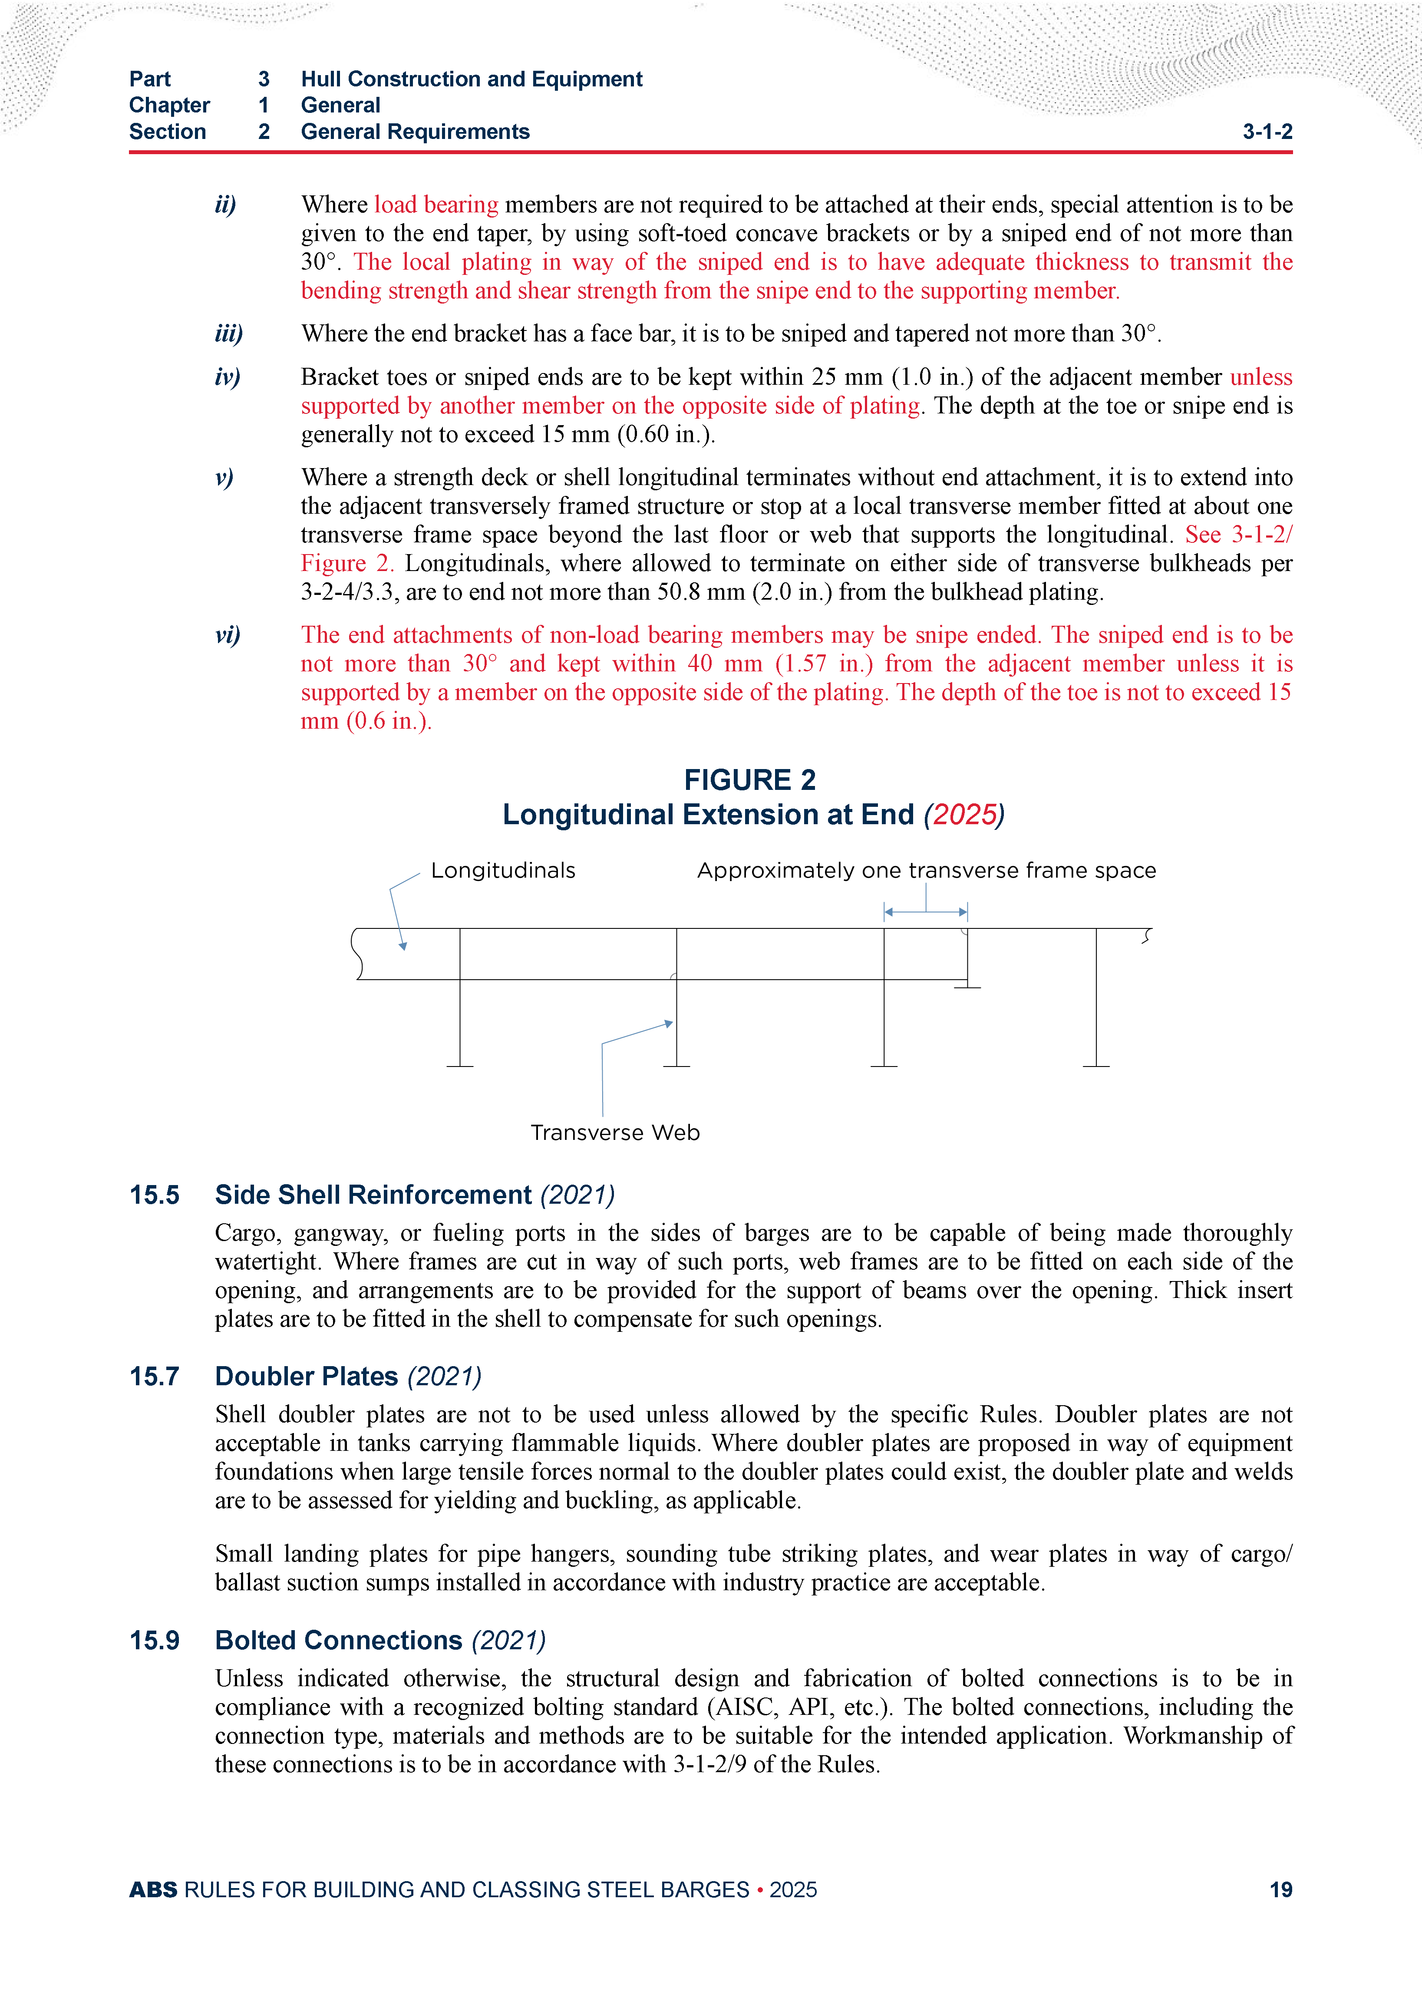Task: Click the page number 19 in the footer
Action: pyautogui.click(x=1280, y=1889)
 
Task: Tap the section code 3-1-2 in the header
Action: pyautogui.click(x=1267, y=132)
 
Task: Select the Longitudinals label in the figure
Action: pyautogui.click(x=503, y=871)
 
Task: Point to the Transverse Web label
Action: pyautogui.click(x=615, y=1133)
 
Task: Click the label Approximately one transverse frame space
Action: pyautogui.click(x=927, y=871)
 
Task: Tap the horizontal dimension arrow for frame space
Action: pyautogui.click(x=926, y=912)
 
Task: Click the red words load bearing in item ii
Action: pyautogui.click(x=436, y=205)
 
